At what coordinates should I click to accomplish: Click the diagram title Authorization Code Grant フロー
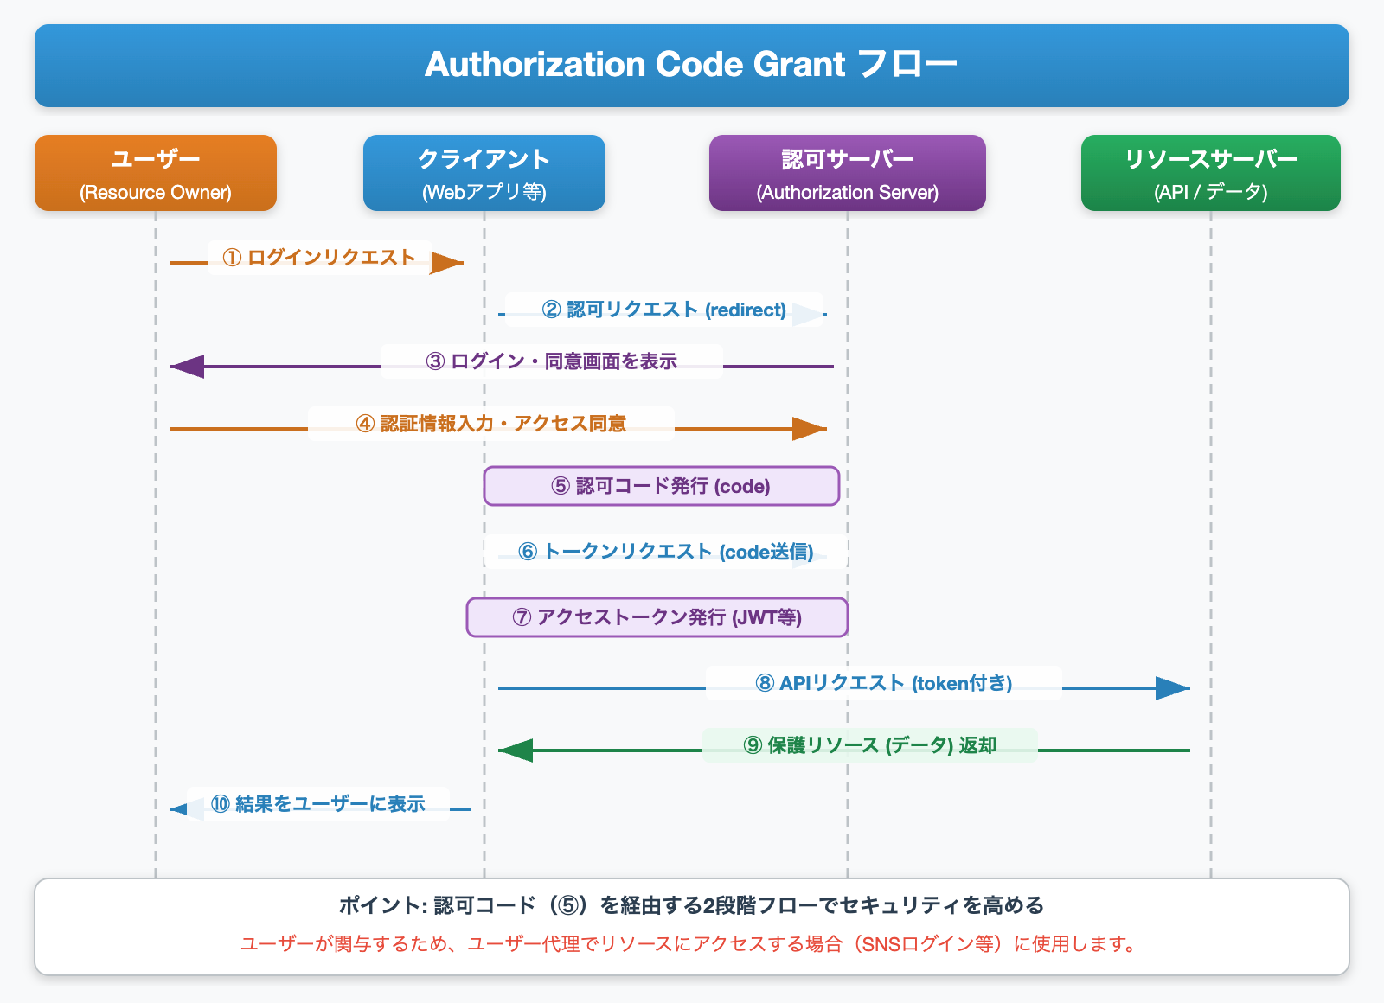pyautogui.click(x=691, y=65)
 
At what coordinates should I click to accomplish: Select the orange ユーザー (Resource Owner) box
pyautogui.click(x=156, y=173)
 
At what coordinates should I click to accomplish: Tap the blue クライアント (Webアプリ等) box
pyautogui.click(x=484, y=173)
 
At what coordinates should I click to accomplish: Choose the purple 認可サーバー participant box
pyautogui.click(x=848, y=173)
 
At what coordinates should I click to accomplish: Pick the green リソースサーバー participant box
pyautogui.click(x=1211, y=173)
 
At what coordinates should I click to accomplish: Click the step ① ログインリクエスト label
pyautogui.click(x=319, y=258)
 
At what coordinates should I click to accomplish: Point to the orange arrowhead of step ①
pyautogui.click(x=448, y=263)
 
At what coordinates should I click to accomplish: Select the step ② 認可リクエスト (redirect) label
pyautogui.click(x=663, y=310)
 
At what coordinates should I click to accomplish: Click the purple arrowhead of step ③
pyautogui.click(x=186, y=367)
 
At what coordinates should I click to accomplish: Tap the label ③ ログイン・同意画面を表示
pyautogui.click(x=551, y=361)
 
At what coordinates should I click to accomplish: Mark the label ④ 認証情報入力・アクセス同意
pyautogui.click(x=490, y=424)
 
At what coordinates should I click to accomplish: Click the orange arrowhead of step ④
pyautogui.click(x=811, y=428)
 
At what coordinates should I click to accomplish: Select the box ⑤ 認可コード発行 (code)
pyautogui.click(x=661, y=486)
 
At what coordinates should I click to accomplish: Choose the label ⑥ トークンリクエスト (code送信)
pyautogui.click(x=665, y=552)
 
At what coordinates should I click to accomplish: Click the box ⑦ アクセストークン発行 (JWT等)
pyautogui.click(x=657, y=617)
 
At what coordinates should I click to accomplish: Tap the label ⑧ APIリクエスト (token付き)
pyautogui.click(x=883, y=683)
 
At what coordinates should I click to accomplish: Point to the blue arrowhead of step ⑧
pyautogui.click(x=1174, y=688)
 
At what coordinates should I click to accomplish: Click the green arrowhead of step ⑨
pyautogui.click(x=516, y=751)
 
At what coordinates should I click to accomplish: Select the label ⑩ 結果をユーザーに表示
pyautogui.click(x=317, y=804)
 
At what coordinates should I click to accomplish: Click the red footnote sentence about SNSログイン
pyautogui.click(x=690, y=944)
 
